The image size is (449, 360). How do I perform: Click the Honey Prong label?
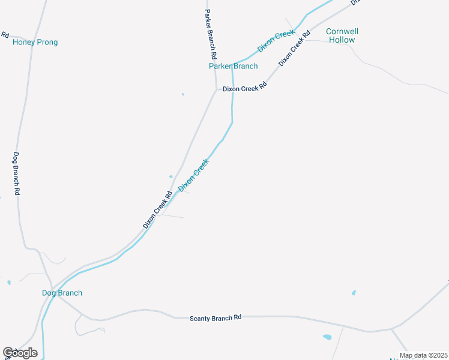[x=35, y=43]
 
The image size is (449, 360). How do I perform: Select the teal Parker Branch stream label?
[x=233, y=66]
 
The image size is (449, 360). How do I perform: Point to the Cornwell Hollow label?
[x=340, y=35]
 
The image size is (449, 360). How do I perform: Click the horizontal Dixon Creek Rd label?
[x=244, y=88]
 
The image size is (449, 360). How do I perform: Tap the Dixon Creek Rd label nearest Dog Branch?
[x=158, y=209]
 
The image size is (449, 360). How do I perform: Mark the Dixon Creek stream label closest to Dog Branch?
[x=193, y=175]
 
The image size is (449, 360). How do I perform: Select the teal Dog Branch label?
[x=62, y=293]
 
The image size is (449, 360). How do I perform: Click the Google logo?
[x=20, y=353]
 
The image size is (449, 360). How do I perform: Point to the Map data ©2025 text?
[x=423, y=355]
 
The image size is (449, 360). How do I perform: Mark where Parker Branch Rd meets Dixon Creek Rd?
[x=216, y=89]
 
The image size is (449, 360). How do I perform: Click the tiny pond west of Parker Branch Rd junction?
[x=182, y=94]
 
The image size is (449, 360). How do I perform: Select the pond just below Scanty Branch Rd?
[x=327, y=337]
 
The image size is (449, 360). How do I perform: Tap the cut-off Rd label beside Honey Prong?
[x=5, y=34]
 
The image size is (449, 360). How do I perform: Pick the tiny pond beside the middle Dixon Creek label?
[x=171, y=176]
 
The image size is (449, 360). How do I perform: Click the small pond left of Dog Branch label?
[x=9, y=282]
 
